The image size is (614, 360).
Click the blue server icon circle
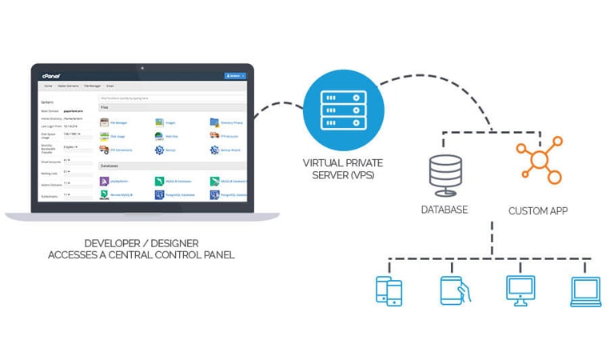point(344,110)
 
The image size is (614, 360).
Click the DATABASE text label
point(445,210)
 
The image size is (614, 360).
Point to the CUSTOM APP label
point(538,211)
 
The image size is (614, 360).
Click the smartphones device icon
point(389,290)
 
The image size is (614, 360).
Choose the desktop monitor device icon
point(520,290)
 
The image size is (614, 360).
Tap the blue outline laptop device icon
point(584,292)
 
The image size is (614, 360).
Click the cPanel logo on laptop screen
point(51,75)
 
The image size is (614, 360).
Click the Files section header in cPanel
point(105,106)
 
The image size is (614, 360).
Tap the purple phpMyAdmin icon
point(104,182)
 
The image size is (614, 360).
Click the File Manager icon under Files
point(104,122)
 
